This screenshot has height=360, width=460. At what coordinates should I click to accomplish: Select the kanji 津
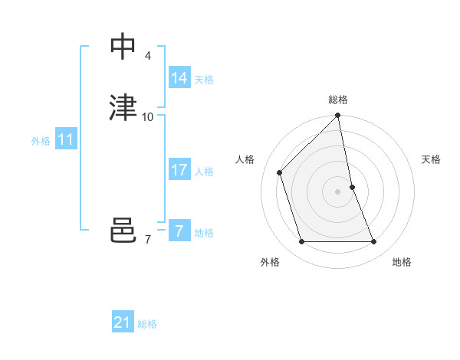click(x=123, y=107)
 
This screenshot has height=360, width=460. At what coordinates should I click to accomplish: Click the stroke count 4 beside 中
click(x=147, y=56)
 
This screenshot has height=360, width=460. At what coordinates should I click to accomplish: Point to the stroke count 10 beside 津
click(x=148, y=117)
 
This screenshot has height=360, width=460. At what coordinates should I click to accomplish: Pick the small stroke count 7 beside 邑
click(x=147, y=240)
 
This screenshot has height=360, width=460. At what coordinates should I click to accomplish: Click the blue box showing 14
click(x=179, y=78)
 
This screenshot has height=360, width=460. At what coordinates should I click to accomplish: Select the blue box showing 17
click(x=179, y=170)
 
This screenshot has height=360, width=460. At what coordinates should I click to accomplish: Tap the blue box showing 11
click(x=65, y=139)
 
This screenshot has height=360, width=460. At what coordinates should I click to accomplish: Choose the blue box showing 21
click(x=123, y=322)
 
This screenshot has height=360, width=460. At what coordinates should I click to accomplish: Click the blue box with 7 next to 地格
click(x=179, y=231)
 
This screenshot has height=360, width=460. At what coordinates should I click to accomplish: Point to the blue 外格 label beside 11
click(x=41, y=141)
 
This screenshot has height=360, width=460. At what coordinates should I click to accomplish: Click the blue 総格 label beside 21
click(x=147, y=324)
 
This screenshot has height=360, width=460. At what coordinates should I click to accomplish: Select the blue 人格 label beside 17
click(x=204, y=172)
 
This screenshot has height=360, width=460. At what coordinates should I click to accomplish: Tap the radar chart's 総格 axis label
click(x=338, y=100)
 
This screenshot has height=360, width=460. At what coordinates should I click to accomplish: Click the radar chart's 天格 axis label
click(x=431, y=159)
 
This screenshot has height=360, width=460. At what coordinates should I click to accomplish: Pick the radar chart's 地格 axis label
click(x=402, y=262)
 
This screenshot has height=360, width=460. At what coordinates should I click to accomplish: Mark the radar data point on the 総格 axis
click(x=338, y=116)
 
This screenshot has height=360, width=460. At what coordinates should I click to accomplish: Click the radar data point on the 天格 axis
click(x=352, y=187)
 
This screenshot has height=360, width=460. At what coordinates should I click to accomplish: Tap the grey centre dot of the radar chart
click(x=338, y=191)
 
